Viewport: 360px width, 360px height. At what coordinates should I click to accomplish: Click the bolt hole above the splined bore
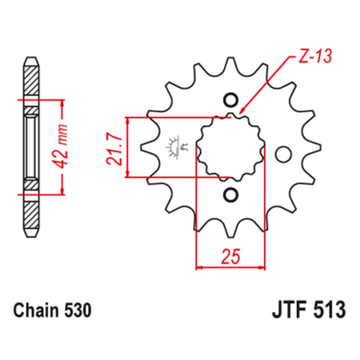pyautogui.click(x=229, y=99)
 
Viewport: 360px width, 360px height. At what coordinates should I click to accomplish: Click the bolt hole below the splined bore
pyautogui.click(x=229, y=195)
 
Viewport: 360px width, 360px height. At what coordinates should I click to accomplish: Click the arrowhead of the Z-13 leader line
pyautogui.click(x=242, y=112)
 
